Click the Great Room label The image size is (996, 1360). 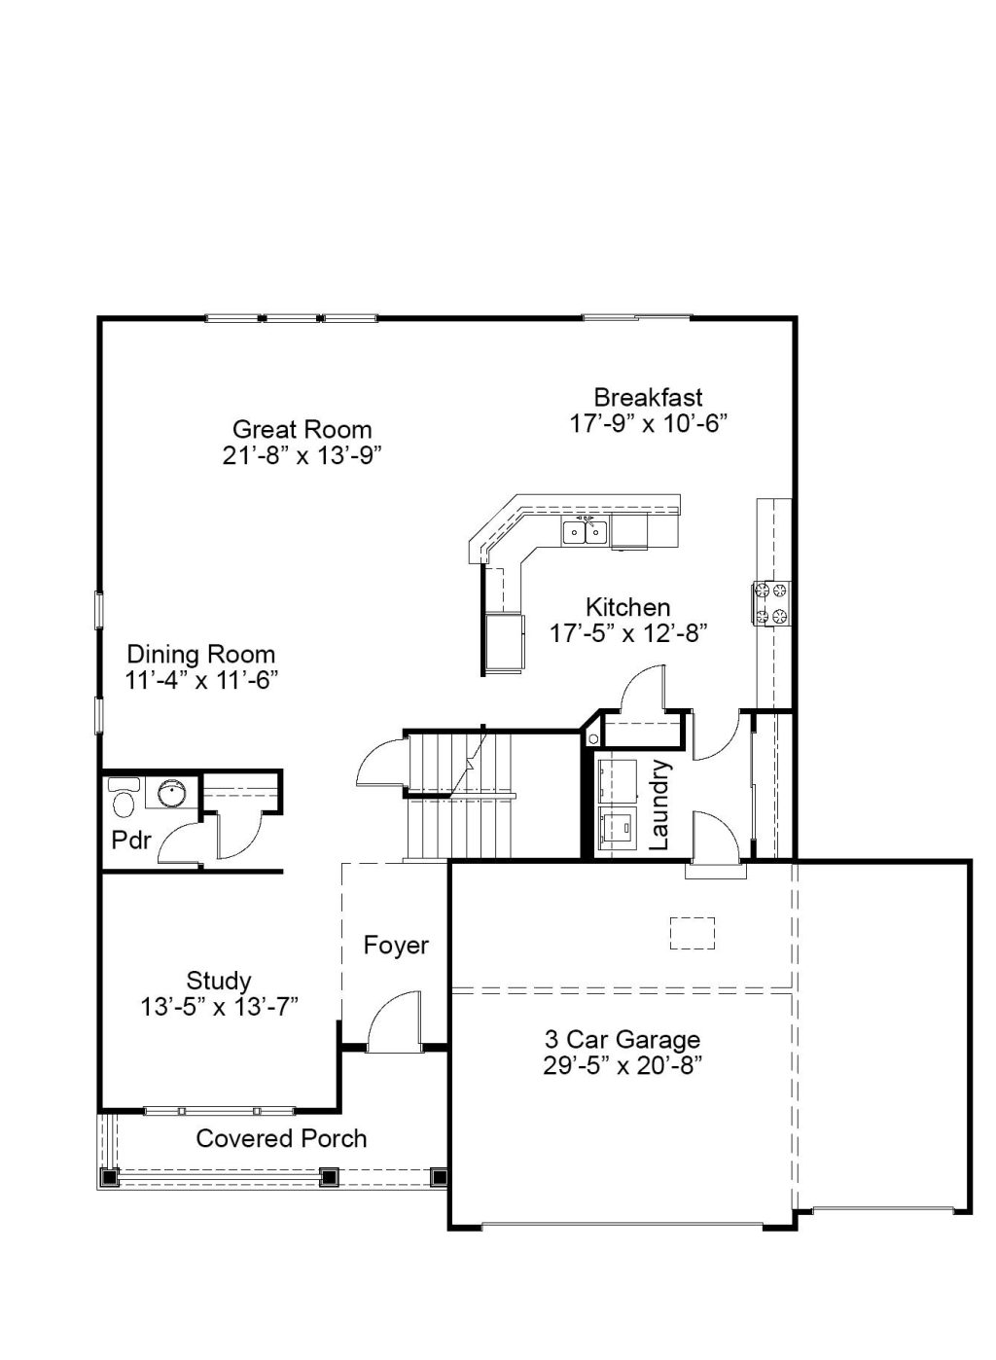pos(302,429)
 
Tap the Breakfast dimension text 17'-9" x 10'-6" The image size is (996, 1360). pos(648,424)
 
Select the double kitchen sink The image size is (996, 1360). pos(585,532)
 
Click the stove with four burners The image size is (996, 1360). pos(772,603)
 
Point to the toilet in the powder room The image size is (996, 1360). pos(124,801)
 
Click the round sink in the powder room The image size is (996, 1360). pos(173,792)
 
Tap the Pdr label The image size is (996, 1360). pos(131,841)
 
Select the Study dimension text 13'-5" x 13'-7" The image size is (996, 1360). pos(219,1007)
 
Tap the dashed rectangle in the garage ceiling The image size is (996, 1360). pos(692,933)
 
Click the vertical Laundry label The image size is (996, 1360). pos(659,804)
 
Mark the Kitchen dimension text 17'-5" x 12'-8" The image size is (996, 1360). pos(628,634)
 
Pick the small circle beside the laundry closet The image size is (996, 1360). pos(593,738)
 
